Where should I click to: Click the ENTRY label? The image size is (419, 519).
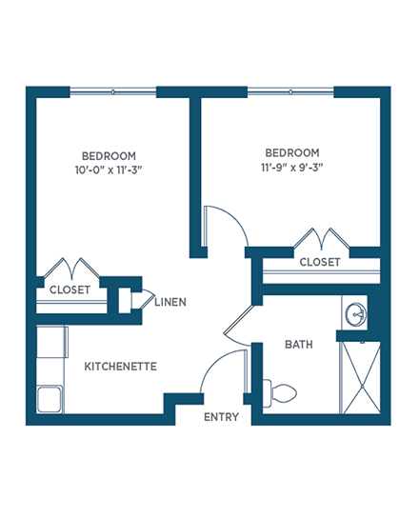[221, 417]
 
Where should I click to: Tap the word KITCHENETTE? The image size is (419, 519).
[121, 367]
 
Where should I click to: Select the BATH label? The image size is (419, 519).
[299, 345]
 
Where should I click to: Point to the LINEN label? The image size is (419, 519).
[170, 302]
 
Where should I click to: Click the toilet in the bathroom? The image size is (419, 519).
[280, 393]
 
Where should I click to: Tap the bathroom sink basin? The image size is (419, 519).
[355, 312]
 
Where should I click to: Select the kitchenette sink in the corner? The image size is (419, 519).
[50, 400]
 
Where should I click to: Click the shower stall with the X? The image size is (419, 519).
[362, 378]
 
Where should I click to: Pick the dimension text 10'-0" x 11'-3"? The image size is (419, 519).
[109, 170]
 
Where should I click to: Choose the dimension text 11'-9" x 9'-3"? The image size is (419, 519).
[292, 168]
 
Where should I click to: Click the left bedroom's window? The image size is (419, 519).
[113, 91]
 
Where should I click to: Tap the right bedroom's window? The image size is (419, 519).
[290, 91]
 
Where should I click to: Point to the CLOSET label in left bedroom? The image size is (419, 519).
[70, 289]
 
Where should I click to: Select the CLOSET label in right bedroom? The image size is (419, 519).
[320, 262]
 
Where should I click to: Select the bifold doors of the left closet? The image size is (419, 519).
[71, 269]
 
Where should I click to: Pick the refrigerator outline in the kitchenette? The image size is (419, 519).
[52, 342]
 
